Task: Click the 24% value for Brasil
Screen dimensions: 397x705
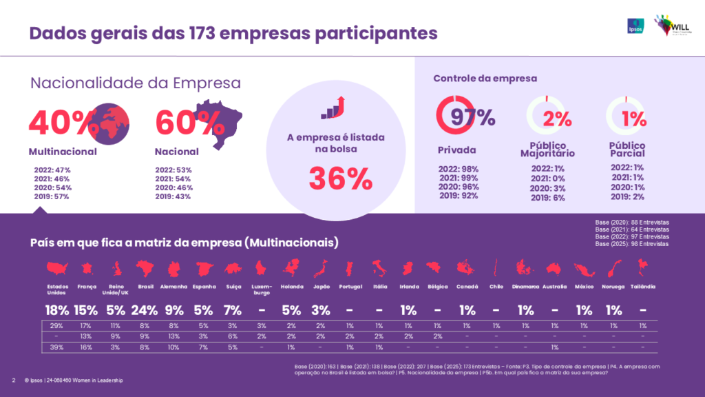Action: click(x=145, y=310)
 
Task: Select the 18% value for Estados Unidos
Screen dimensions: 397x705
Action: click(x=57, y=310)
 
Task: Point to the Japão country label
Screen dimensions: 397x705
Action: click(x=321, y=287)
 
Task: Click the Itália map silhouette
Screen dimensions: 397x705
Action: click(x=379, y=268)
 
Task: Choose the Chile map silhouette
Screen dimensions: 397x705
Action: click(x=496, y=268)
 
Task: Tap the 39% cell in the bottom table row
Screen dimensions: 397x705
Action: click(x=57, y=347)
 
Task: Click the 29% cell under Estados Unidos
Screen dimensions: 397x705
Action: click(x=57, y=325)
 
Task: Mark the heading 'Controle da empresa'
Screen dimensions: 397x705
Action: click(x=485, y=79)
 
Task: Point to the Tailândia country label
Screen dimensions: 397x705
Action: click(x=643, y=287)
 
